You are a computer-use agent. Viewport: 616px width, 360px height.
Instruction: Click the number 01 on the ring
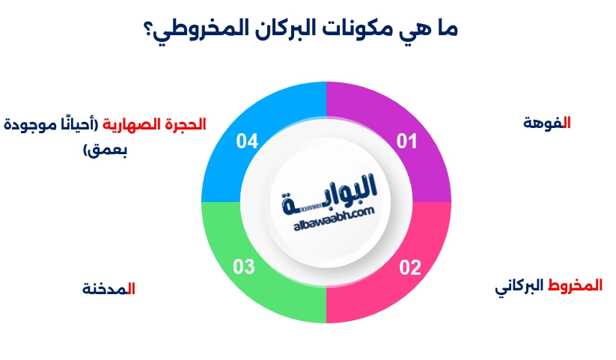point(406,140)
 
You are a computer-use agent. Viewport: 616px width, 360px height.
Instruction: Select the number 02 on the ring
point(409,267)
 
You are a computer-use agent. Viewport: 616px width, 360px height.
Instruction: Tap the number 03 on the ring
point(245,267)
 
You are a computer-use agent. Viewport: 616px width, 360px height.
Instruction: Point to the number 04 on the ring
point(248,140)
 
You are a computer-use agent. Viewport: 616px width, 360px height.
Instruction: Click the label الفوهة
point(547,123)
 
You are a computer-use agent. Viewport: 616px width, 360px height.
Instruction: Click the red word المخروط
point(576,286)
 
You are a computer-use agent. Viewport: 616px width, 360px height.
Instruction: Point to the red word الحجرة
point(185,123)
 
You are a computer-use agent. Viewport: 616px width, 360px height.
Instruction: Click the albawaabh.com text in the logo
point(328,213)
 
